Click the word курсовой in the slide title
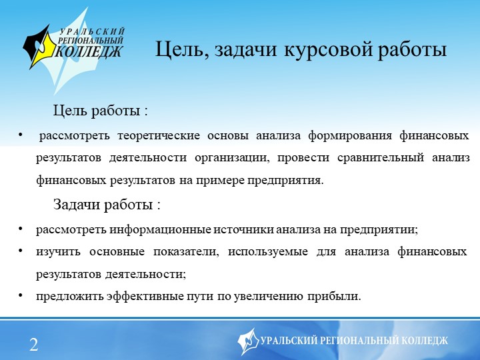(328, 49)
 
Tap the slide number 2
(34, 345)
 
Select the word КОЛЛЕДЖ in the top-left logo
(89, 51)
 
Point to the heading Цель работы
(101, 111)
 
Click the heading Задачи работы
(107, 205)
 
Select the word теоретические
(159, 135)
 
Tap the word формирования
(350, 135)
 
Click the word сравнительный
(381, 158)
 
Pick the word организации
(232, 158)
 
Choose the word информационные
(160, 230)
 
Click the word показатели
(186, 252)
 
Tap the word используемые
(268, 252)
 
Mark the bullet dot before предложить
(21, 295)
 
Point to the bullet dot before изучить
(21, 251)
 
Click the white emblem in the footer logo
(248, 341)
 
